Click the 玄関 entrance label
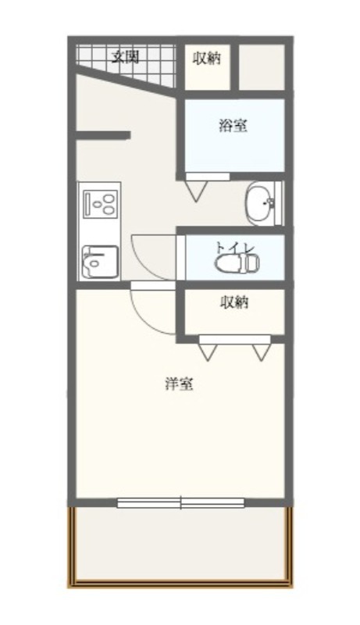(x=125, y=57)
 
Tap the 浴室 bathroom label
(x=233, y=126)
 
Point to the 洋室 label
(x=179, y=384)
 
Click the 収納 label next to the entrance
(x=207, y=59)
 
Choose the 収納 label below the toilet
(x=234, y=302)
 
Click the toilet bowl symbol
(x=237, y=263)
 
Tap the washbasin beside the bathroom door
(x=261, y=203)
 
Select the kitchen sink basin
(x=100, y=262)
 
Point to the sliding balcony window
(x=181, y=503)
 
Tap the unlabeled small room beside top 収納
(x=262, y=67)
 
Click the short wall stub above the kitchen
(x=103, y=135)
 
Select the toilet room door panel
(x=181, y=258)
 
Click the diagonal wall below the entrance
(x=126, y=80)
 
